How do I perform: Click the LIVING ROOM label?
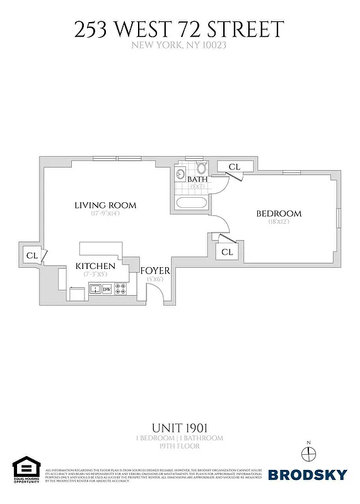(x=105, y=205)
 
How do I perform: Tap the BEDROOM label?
(x=279, y=214)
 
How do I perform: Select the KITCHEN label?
(x=95, y=266)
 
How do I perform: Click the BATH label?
(x=198, y=180)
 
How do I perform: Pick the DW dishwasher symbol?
(x=107, y=290)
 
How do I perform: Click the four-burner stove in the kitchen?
(x=121, y=290)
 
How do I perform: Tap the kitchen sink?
(x=95, y=290)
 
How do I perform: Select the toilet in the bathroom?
(x=202, y=168)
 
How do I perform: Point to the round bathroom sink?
(x=180, y=173)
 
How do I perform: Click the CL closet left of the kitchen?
(x=31, y=255)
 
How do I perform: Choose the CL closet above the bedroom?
(x=234, y=166)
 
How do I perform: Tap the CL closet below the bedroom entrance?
(x=228, y=251)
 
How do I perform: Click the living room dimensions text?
(x=105, y=214)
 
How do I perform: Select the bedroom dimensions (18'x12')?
(x=279, y=222)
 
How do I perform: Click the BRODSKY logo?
(x=308, y=474)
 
